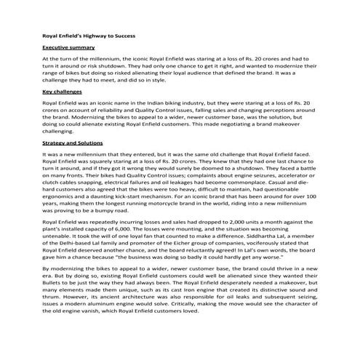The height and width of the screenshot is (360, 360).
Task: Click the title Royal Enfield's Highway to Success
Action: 89,34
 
